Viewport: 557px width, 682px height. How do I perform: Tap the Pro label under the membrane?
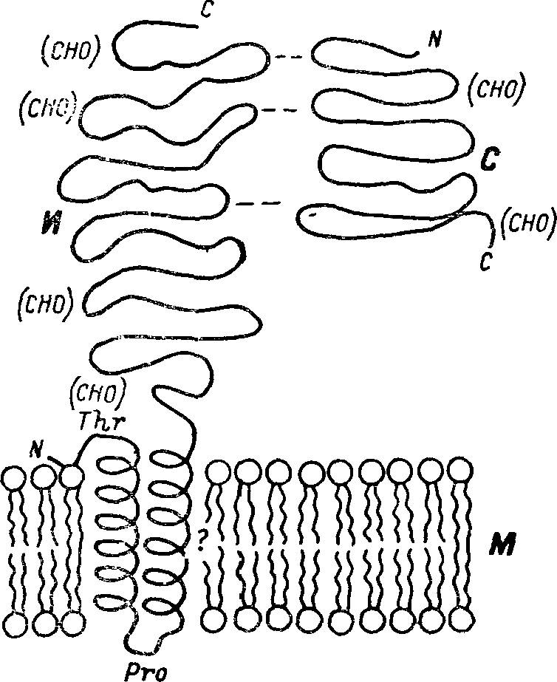point(145,672)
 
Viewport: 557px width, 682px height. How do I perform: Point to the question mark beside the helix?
point(200,540)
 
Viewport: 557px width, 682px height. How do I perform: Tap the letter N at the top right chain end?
point(434,40)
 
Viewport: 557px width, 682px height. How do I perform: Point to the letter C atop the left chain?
point(206,10)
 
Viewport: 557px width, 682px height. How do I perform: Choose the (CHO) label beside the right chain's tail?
point(527,223)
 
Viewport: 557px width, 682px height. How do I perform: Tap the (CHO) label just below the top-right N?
point(496,89)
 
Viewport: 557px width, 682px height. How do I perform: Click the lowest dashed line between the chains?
point(258,202)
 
